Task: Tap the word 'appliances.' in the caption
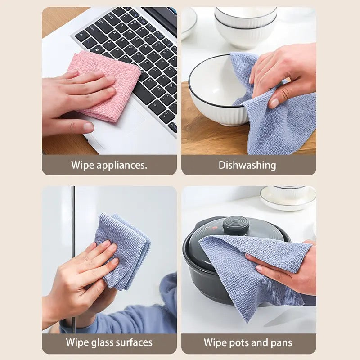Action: (x=122, y=165)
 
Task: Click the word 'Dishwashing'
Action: (x=247, y=165)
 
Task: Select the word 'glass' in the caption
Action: (x=105, y=342)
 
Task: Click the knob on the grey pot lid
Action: (x=236, y=225)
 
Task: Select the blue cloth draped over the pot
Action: (x=252, y=270)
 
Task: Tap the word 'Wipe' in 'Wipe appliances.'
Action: (x=81, y=165)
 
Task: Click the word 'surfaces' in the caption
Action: (x=135, y=342)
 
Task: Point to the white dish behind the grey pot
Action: (x=288, y=198)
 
